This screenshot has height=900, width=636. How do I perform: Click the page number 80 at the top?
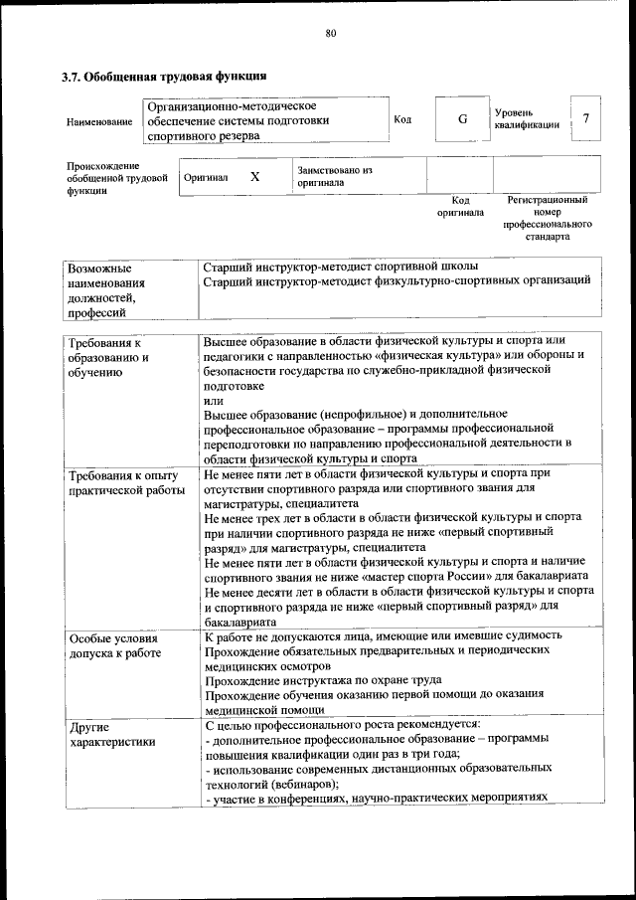pos(330,33)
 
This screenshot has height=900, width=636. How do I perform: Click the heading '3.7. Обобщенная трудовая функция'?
pos(164,76)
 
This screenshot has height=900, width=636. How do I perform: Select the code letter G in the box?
pos(462,119)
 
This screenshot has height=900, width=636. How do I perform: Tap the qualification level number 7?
pos(586,119)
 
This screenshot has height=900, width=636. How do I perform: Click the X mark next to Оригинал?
pos(254,176)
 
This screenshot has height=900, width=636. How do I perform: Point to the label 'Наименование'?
pos(98,121)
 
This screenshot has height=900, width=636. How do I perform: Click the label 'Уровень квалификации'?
pos(526,118)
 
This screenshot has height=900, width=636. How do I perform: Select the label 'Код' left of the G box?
pos(402,120)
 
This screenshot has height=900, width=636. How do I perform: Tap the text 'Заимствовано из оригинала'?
pos(334,176)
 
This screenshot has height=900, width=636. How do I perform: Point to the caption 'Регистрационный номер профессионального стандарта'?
pos(547,219)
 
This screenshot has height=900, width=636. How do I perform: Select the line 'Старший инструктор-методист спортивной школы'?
pos(340,267)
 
